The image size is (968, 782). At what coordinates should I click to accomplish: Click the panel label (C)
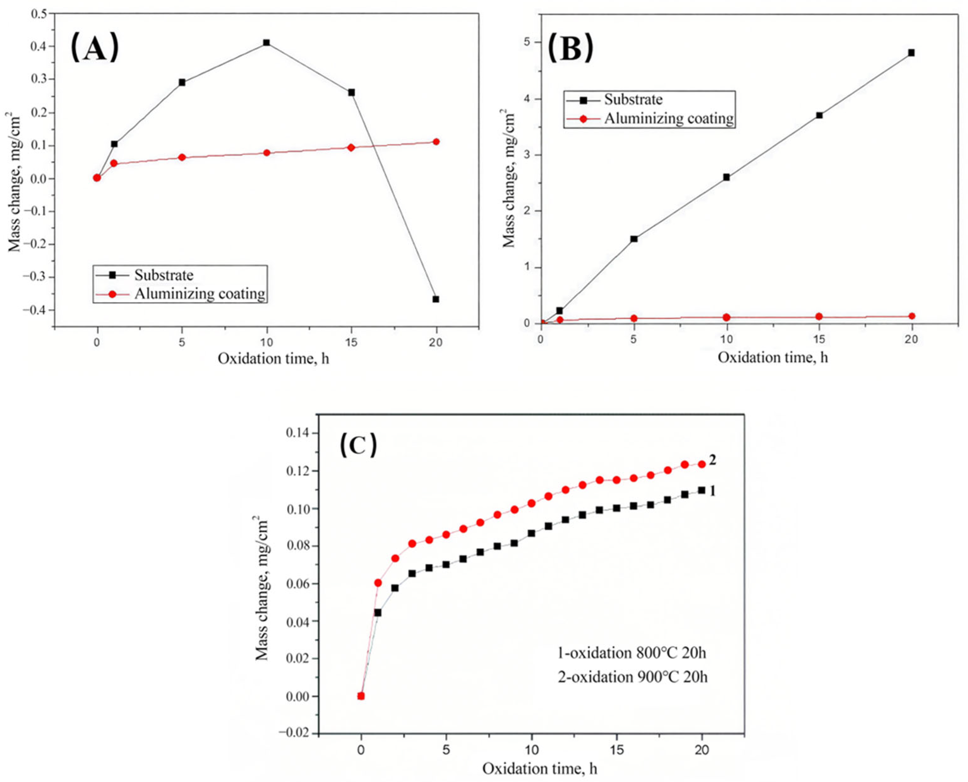pyautogui.click(x=358, y=445)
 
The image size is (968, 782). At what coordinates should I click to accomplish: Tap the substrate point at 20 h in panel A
pyautogui.click(x=436, y=299)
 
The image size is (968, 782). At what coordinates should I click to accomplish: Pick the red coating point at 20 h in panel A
pyautogui.click(x=436, y=142)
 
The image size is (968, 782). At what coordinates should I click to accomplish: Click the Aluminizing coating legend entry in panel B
pyautogui.click(x=668, y=118)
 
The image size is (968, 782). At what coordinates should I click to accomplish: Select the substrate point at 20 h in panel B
pyautogui.click(x=911, y=53)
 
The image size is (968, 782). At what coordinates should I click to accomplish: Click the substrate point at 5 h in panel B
pyautogui.click(x=634, y=239)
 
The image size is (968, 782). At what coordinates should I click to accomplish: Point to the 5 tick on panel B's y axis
pyautogui.click(x=526, y=42)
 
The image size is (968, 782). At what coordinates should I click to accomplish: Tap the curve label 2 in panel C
pyautogui.click(x=713, y=460)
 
